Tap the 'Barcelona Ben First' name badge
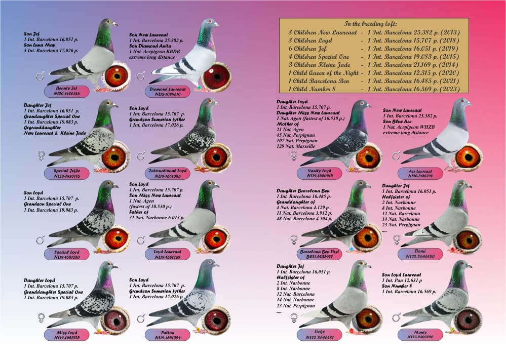(321, 253)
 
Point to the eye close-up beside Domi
(469, 239)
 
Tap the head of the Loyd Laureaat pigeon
(208, 186)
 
